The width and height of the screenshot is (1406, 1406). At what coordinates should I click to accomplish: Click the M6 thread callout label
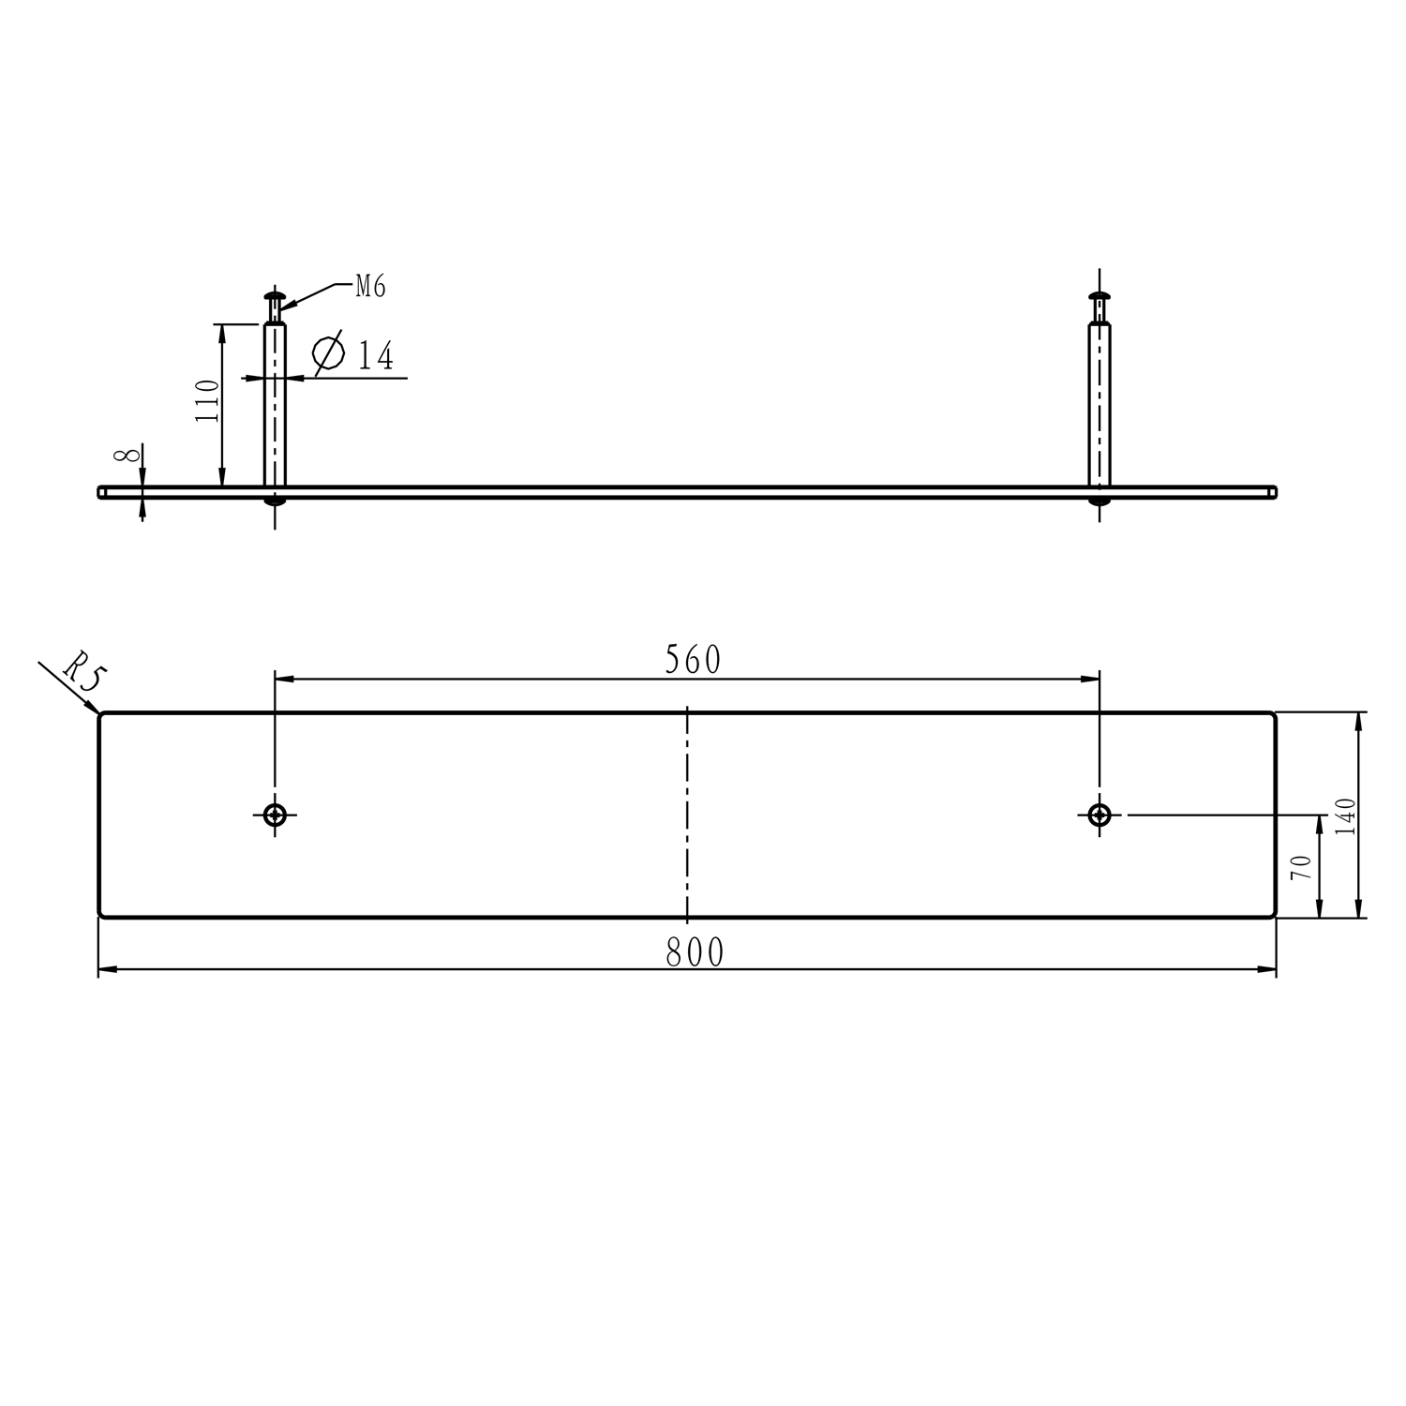(370, 287)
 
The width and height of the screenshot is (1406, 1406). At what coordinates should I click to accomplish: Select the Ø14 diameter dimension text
(352, 354)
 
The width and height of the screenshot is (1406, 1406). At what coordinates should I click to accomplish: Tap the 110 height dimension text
(207, 400)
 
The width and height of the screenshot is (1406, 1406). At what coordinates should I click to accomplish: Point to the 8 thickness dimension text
(127, 456)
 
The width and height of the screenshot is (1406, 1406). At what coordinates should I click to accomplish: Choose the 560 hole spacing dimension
(693, 660)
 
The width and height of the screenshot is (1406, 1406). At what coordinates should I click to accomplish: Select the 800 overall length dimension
(695, 952)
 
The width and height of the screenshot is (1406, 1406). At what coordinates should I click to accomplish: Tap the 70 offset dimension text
(1300, 867)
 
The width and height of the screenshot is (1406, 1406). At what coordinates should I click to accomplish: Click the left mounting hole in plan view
(275, 815)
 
